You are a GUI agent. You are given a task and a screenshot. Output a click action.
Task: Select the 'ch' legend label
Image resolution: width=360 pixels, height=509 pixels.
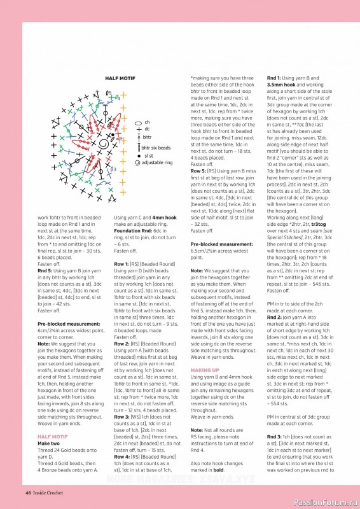(147, 122)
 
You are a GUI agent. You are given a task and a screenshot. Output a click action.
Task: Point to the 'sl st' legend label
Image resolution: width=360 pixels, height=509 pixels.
(148, 155)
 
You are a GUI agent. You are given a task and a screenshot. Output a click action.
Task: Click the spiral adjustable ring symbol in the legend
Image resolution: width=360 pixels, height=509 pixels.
(137, 163)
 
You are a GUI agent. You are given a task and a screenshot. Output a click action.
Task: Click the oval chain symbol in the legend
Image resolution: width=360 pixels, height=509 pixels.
(137, 122)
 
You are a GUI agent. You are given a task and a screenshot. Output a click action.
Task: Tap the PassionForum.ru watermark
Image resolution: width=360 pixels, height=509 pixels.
(324, 502)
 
